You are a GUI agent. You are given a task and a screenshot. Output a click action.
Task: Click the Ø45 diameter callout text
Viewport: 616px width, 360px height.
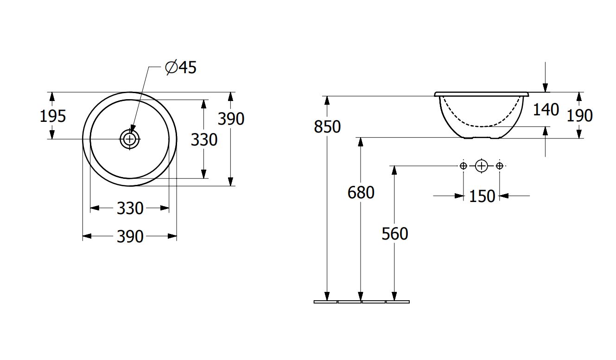(181, 68)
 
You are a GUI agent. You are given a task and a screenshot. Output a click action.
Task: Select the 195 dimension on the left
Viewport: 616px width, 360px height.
(52, 116)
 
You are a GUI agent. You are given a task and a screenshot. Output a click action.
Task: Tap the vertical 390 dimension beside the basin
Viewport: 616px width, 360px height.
(231, 119)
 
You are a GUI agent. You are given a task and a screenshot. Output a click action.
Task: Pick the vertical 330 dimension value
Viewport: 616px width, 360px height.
(204, 139)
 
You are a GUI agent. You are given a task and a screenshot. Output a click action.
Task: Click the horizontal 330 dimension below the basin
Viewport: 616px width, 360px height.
(130, 208)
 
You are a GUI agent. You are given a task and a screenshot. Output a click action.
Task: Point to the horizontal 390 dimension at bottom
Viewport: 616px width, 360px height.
(130, 237)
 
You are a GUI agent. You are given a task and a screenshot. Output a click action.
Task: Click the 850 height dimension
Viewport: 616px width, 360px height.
(327, 126)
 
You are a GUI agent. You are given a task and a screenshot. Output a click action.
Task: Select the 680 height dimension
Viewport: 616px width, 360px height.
(361, 192)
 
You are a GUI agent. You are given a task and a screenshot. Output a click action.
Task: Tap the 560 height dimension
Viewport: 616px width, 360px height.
(395, 234)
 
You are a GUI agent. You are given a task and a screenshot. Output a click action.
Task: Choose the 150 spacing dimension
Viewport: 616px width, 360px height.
(482, 196)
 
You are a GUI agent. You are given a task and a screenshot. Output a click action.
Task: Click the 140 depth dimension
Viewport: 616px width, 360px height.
(546, 110)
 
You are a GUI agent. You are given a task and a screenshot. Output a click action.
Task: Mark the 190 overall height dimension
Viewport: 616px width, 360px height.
(579, 115)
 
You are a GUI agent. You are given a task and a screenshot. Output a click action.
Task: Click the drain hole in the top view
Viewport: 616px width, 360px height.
(130, 139)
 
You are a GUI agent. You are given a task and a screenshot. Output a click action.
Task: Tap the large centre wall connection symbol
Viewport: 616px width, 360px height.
(482, 165)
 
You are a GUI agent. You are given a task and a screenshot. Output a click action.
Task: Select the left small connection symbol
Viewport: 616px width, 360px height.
(463, 165)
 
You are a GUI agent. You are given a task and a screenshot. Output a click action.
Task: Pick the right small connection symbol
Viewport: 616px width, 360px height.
(499, 165)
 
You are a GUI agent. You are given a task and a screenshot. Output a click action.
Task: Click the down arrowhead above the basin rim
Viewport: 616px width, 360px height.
(546, 88)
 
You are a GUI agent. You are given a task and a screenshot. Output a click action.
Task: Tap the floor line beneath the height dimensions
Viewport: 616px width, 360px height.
(362, 302)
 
